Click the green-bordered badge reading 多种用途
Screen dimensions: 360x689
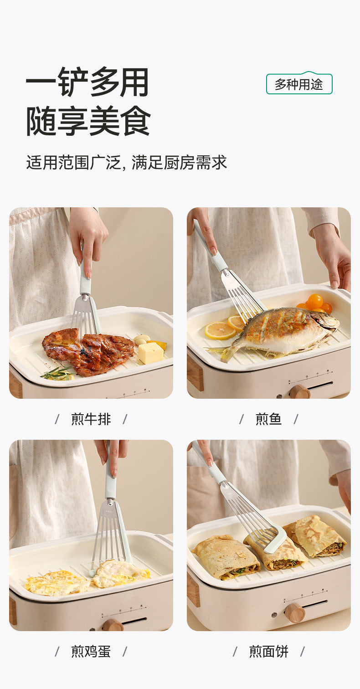299,83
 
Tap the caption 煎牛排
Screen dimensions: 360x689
91,419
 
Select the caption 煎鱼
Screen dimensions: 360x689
268,419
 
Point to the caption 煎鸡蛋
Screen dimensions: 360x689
91,651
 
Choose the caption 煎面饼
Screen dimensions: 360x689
268,651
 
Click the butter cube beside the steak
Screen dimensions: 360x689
150,353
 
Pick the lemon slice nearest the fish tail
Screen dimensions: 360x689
220,330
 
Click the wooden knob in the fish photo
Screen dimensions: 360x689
299,391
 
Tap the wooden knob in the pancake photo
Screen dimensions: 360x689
295,612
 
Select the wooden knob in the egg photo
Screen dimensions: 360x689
113,625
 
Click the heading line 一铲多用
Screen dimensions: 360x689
87,82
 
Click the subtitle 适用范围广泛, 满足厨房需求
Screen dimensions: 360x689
127,162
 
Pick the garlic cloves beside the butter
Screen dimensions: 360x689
142,339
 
